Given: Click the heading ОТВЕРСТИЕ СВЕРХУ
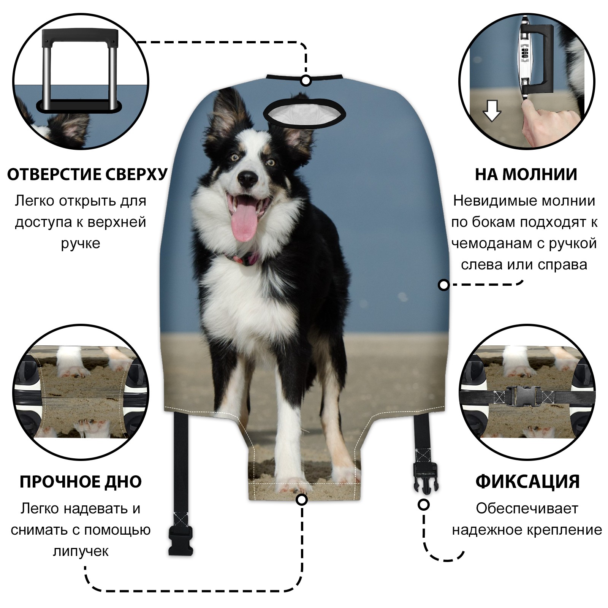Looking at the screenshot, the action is point(87,174).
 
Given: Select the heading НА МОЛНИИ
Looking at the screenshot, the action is point(526,174).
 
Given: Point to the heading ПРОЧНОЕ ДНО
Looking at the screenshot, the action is point(81,482).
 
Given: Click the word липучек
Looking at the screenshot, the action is point(81,551).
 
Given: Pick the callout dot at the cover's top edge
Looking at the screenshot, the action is point(306,81).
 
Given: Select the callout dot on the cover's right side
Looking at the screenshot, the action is point(443,285).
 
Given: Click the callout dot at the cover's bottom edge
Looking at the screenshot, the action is point(302,499).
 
